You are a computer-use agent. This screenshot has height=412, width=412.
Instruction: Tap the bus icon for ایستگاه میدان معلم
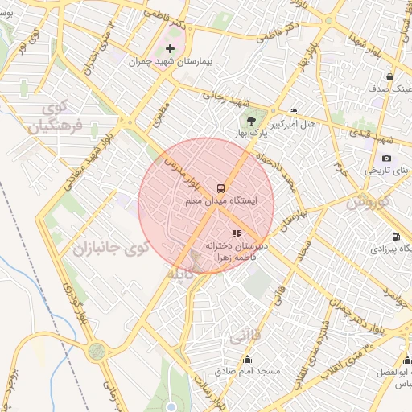(220, 186)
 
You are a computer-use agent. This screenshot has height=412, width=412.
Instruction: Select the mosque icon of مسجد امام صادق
(247, 359)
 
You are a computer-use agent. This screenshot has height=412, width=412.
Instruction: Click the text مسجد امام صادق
(247, 372)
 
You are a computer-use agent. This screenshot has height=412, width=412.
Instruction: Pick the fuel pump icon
(395, 237)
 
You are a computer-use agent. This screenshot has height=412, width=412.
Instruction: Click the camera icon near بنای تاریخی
(387, 158)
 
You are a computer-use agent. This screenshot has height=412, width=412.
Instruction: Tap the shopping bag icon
(389, 76)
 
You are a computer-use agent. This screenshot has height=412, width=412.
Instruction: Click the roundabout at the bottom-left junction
(97, 350)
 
